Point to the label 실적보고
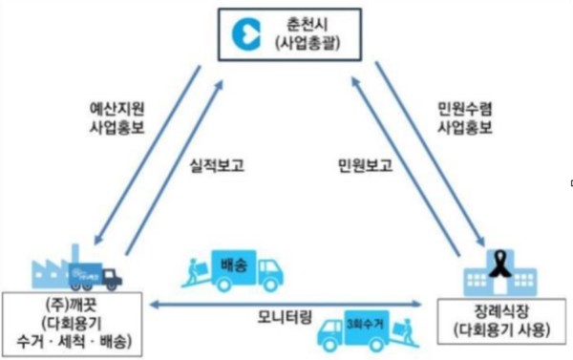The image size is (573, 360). [x=218, y=165]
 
